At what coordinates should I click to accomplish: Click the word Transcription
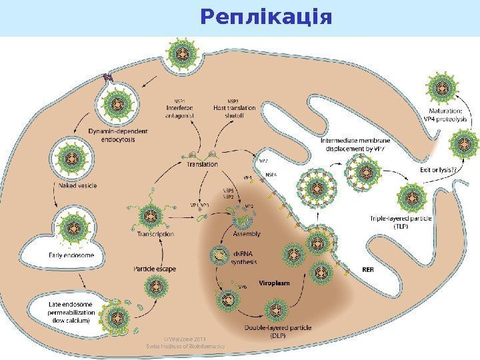click(x=155, y=234)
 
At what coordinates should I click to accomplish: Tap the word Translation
click(x=203, y=163)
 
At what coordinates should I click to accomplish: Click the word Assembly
click(x=247, y=233)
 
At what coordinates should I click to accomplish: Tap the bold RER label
click(x=367, y=270)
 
